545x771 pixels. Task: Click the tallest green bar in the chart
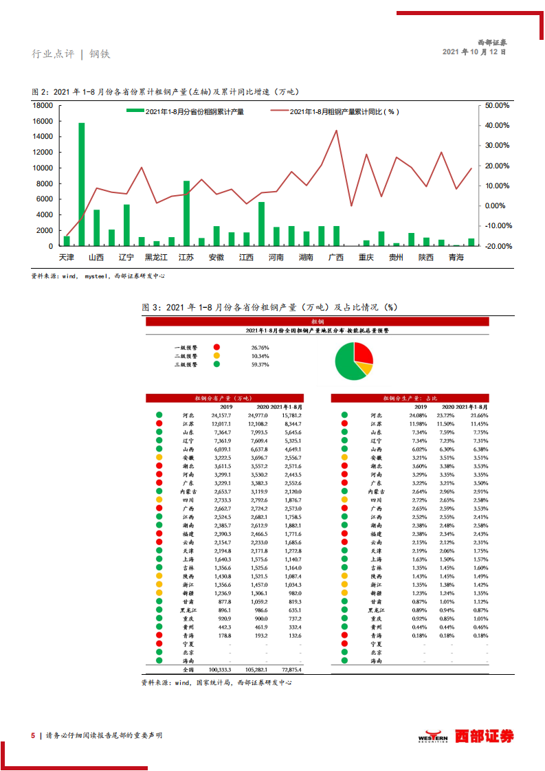(x=82, y=184)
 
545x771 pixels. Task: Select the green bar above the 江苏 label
(x=186, y=213)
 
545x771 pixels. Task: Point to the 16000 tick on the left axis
(x=43, y=121)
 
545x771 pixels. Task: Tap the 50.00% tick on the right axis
(x=497, y=106)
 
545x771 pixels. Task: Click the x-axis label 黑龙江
(x=156, y=258)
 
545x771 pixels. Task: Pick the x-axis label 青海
(x=456, y=258)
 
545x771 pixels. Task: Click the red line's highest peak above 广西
(x=336, y=131)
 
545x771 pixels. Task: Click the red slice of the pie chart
(x=362, y=353)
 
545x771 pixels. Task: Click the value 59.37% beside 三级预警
(x=260, y=365)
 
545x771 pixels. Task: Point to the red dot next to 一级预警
(x=216, y=348)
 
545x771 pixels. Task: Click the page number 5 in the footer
(x=32, y=735)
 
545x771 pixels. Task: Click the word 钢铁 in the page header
(x=100, y=54)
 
